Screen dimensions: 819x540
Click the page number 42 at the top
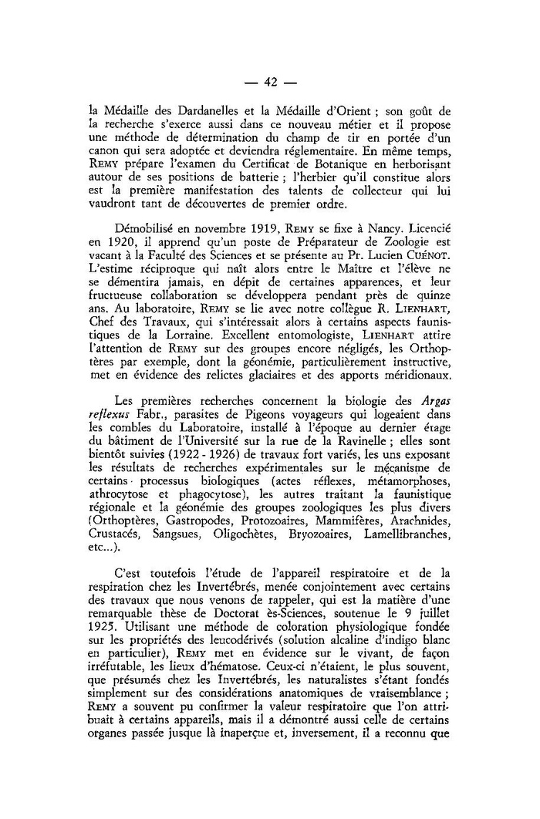click(x=270, y=83)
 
